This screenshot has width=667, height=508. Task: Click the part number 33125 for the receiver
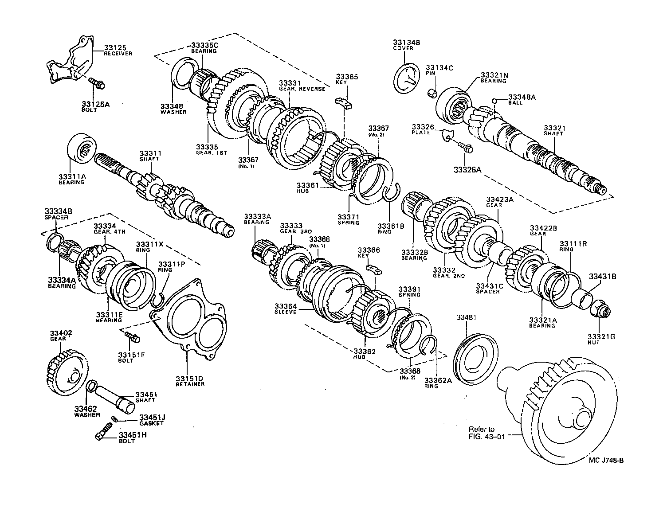[115, 47]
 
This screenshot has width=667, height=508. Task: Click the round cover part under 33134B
[406, 79]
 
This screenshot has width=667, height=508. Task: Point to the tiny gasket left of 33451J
[115, 419]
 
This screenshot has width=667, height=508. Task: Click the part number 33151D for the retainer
[189, 378]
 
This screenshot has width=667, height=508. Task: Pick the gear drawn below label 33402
[66, 368]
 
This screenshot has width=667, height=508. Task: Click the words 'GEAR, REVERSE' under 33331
[302, 89]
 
